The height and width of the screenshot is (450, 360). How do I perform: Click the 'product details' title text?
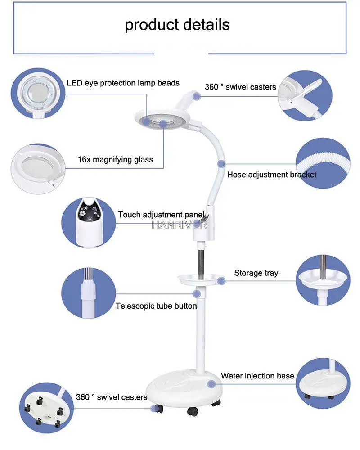point(177,25)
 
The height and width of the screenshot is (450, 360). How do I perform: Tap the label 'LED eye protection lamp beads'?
point(123,83)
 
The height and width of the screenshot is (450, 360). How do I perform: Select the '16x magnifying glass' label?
point(115,160)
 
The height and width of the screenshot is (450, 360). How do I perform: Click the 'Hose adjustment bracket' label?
point(272,175)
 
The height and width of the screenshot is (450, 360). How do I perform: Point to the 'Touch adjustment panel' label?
point(162,215)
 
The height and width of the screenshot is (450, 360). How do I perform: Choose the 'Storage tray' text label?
point(256,273)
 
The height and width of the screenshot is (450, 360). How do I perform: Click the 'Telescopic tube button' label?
point(156,306)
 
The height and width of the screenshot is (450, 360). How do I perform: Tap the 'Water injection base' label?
point(257,376)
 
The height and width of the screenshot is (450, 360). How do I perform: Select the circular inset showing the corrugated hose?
point(323,163)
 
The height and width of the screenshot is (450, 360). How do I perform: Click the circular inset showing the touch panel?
point(89,222)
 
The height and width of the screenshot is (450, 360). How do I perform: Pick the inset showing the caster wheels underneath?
point(46,408)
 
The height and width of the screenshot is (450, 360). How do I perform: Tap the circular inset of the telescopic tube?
point(89,293)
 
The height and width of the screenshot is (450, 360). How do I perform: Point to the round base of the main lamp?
point(184,387)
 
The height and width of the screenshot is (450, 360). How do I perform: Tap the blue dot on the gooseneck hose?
point(221,164)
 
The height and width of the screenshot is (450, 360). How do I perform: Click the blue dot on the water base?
point(211,384)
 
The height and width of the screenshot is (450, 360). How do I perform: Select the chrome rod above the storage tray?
point(201,263)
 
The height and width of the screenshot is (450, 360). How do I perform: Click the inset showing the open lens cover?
point(305,95)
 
